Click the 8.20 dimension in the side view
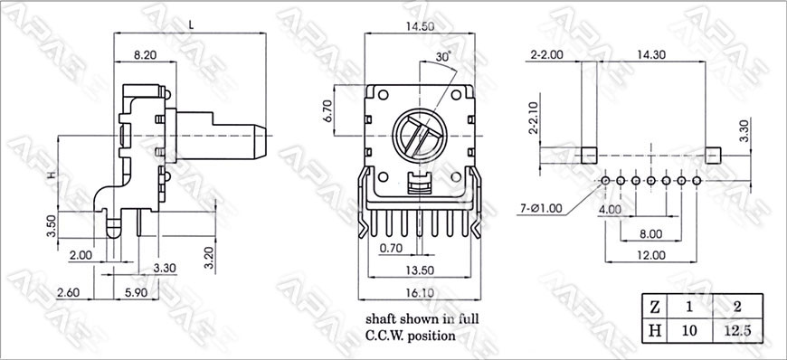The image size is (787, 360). pos(145,56)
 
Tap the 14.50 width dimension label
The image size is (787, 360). pos(420,26)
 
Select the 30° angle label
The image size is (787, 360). pos(443,57)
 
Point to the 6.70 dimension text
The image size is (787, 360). pos(328,110)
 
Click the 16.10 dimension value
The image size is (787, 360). pos(420,293)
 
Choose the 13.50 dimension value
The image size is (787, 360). pos(420,270)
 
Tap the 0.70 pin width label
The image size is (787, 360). pos(391,248)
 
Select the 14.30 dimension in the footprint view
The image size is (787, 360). pos(651,55)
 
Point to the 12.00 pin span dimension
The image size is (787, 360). pos(651,255)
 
